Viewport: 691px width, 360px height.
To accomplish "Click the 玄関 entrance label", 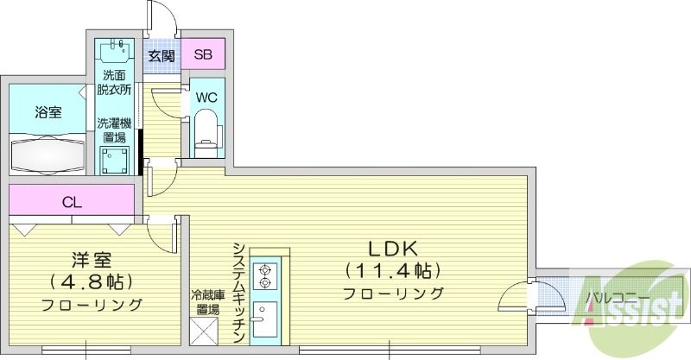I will [x=161, y=55].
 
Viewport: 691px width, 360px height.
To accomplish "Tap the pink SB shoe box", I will [x=203, y=54].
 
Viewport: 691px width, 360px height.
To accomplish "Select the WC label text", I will [x=206, y=97].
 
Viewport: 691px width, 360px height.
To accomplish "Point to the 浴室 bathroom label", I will [x=48, y=112].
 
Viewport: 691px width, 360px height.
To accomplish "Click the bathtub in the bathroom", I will [x=48, y=155].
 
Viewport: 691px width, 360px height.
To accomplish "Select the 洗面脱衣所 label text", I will [x=114, y=82].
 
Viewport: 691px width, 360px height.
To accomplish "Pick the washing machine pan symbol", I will [x=115, y=161].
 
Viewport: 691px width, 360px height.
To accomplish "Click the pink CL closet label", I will [x=73, y=203].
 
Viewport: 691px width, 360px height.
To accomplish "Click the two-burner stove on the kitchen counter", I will [x=265, y=273].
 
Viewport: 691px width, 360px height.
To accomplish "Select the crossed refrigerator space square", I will [x=207, y=332].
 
